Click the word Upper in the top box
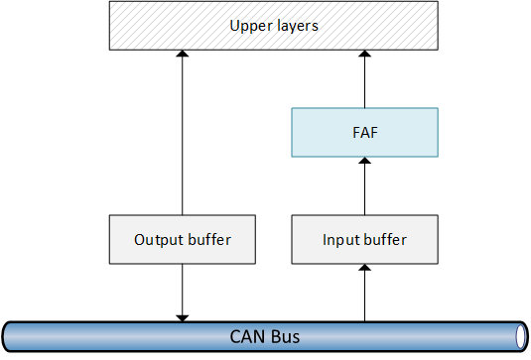pyautogui.click(x=248, y=26)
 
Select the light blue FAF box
pyautogui.click(x=364, y=133)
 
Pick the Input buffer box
pyautogui.click(x=364, y=240)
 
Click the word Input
pyautogui.click(x=341, y=240)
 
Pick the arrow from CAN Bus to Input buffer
pyautogui.click(x=364, y=293)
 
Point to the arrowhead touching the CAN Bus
pyautogui.click(x=182, y=316)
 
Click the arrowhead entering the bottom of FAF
pyautogui.click(x=364, y=162)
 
